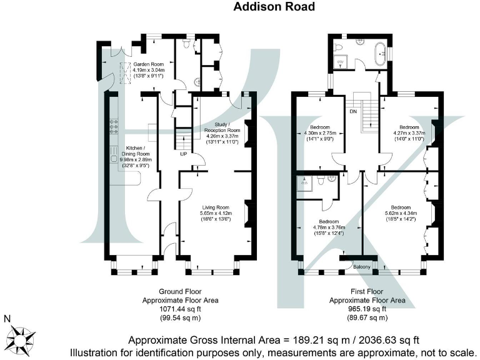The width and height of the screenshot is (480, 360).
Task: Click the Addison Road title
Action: (274, 7)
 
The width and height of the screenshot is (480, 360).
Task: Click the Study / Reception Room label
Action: (222, 134)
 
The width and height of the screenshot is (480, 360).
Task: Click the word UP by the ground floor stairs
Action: (183, 154)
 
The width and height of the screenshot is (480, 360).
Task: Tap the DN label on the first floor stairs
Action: (352, 112)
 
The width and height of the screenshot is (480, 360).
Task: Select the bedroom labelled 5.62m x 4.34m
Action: (401, 211)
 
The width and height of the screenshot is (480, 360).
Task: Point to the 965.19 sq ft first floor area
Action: (367, 309)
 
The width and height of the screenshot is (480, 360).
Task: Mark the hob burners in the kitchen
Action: (114, 127)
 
